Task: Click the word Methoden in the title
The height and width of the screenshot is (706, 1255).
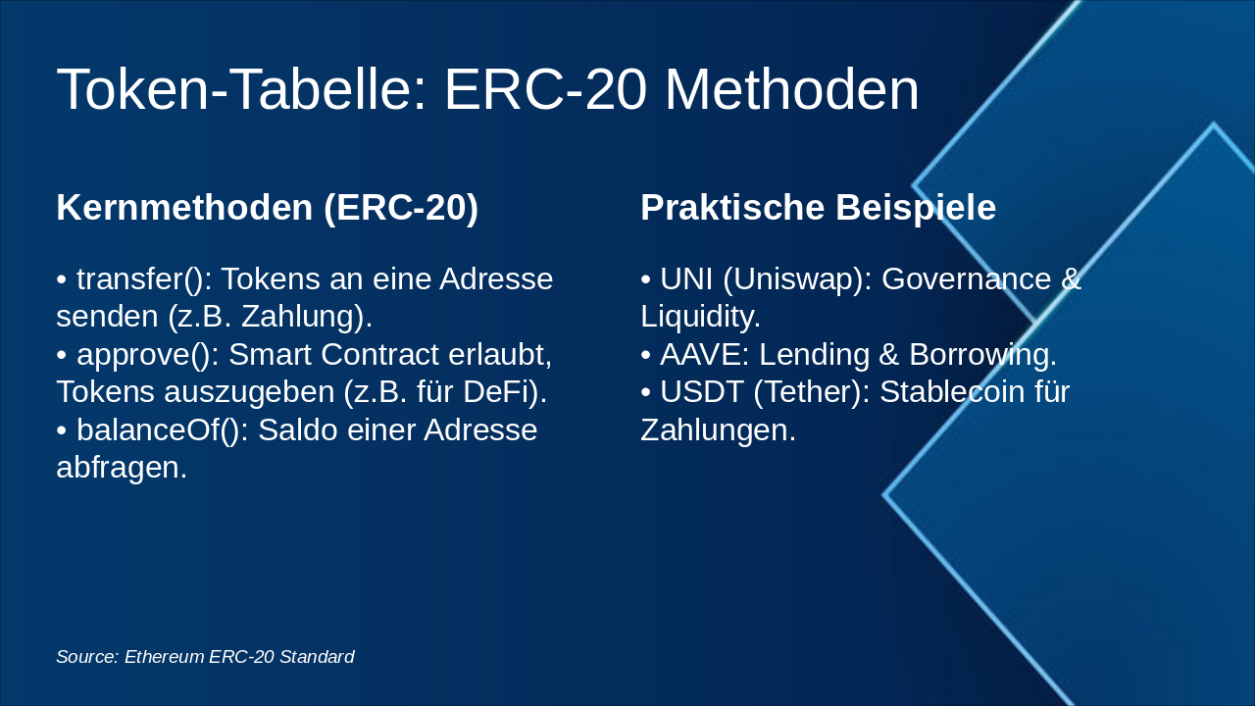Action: point(791,89)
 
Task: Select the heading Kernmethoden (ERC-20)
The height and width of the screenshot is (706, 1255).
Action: point(268,208)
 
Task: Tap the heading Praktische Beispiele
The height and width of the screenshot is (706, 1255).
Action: point(818,208)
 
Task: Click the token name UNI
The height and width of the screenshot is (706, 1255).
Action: point(686,279)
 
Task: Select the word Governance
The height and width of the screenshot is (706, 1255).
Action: point(966,279)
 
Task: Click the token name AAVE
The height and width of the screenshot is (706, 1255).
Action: point(700,355)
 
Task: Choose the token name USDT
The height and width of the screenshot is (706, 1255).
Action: point(701,391)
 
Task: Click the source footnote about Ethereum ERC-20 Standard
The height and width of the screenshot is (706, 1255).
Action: point(205,657)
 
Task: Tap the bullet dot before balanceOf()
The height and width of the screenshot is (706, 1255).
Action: point(62,431)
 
